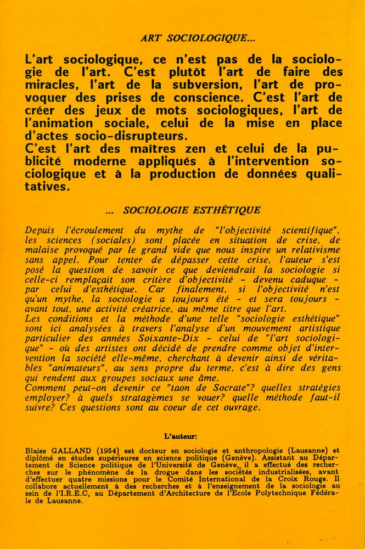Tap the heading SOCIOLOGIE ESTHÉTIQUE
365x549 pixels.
tap(192, 210)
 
